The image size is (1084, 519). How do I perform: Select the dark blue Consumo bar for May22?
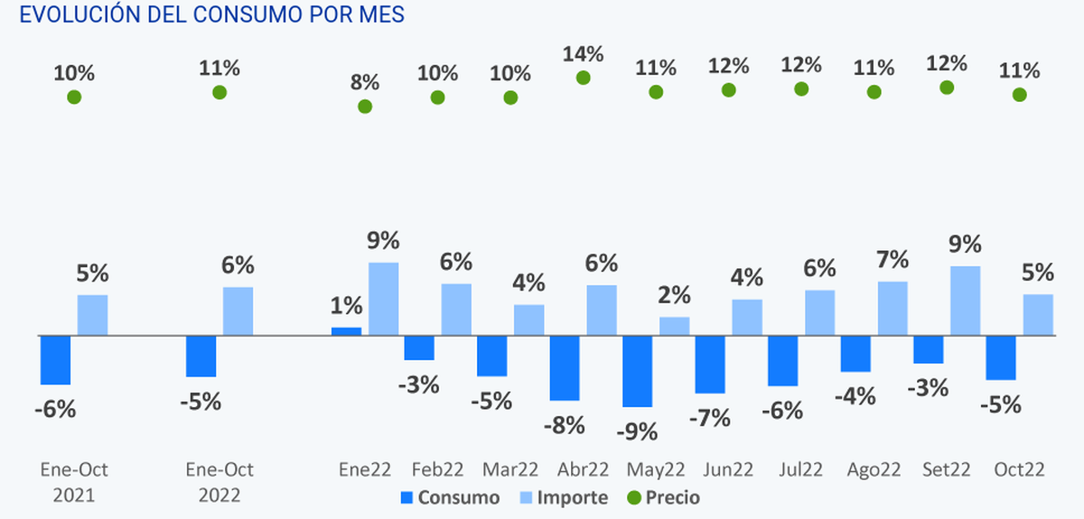pos(638,371)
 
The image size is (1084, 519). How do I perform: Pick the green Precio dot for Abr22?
pos(583,78)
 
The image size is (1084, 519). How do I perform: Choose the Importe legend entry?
pos(564,497)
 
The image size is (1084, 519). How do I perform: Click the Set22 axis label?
pos(947,470)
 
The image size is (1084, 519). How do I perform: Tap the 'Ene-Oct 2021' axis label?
pos(74,483)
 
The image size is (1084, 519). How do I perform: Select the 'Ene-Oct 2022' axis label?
pos(220,483)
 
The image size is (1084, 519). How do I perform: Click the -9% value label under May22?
pos(638,432)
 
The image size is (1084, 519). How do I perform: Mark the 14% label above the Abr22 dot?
pos(583,54)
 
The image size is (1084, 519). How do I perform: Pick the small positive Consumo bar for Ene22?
pos(347,331)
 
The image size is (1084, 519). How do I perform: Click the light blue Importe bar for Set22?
pos(965,301)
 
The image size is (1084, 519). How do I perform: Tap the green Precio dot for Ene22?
pos(365,107)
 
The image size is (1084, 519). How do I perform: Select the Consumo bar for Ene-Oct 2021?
pos(56,360)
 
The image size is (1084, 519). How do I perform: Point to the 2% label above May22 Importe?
pos(674,295)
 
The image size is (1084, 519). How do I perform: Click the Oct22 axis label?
pos(1020,470)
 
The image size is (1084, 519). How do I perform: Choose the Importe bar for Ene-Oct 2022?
pos(238,311)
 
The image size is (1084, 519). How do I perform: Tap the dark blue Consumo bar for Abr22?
pos(565,367)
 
